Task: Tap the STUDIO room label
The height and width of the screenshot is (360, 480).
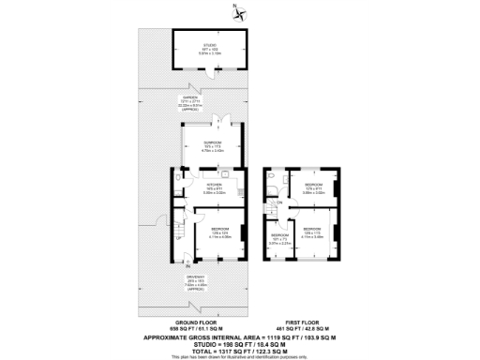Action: pos(209,48)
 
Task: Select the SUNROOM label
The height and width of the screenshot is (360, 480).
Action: pos(212,146)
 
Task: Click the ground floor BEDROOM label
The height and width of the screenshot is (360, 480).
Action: pos(219,231)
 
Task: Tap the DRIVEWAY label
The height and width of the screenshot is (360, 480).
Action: pos(194,281)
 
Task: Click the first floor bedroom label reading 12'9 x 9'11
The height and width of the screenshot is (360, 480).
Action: pos(313,188)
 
